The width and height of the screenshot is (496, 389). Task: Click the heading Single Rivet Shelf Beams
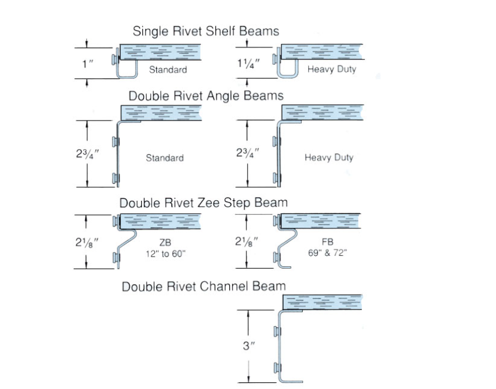(x=206, y=31)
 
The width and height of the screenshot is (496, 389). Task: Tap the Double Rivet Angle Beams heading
(x=206, y=96)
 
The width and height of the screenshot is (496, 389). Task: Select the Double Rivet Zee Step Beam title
(x=203, y=203)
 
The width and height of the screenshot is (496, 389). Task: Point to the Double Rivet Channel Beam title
(x=203, y=287)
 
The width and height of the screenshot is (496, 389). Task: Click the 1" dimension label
(x=87, y=64)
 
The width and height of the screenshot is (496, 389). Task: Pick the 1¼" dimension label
(x=248, y=64)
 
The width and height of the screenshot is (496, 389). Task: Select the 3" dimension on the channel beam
(x=249, y=346)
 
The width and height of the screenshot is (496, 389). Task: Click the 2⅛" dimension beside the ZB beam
(x=87, y=243)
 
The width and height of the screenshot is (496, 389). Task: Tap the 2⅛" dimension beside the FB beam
(x=247, y=242)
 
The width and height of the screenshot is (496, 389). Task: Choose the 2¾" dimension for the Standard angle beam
(x=87, y=153)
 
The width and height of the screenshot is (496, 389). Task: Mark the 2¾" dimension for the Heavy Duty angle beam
(x=247, y=153)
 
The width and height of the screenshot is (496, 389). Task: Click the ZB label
(x=165, y=243)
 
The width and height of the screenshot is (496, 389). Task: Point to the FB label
(x=327, y=242)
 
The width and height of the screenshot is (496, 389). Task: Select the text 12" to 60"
(x=166, y=254)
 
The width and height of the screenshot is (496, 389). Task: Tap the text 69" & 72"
(x=327, y=253)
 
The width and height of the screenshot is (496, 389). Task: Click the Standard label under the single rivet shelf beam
(x=168, y=70)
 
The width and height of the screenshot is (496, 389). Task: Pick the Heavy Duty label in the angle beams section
(x=329, y=158)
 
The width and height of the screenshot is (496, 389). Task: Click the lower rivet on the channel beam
(x=277, y=368)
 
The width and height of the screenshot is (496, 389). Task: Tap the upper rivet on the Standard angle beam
(x=115, y=141)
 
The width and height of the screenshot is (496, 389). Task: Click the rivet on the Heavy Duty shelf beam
(x=275, y=59)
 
